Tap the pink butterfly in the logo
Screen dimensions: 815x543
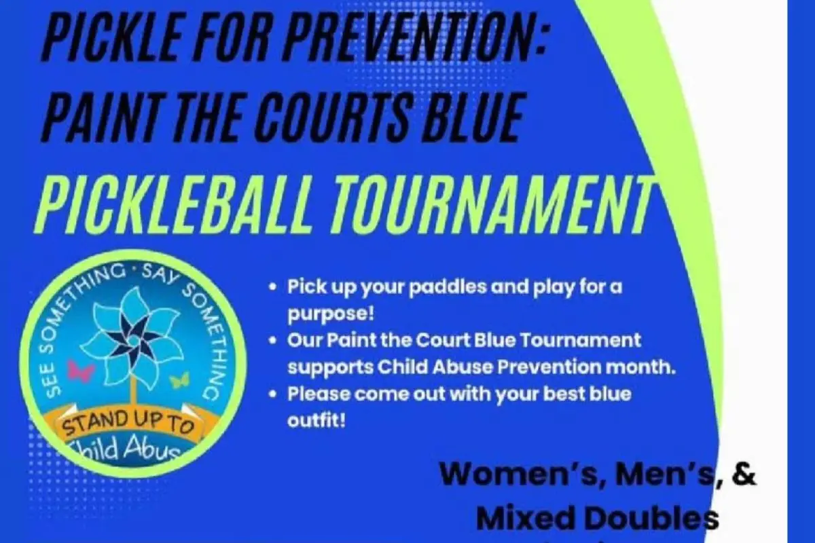81,370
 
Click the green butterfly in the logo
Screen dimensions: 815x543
180,380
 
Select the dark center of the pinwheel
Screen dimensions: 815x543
133,339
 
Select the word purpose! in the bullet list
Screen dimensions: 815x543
331,314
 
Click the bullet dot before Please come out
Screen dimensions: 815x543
272,394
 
